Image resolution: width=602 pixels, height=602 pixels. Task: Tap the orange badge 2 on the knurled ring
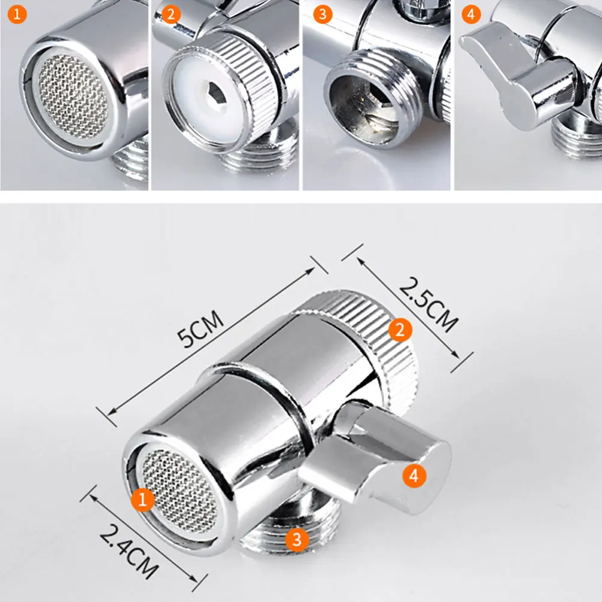(400, 328)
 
